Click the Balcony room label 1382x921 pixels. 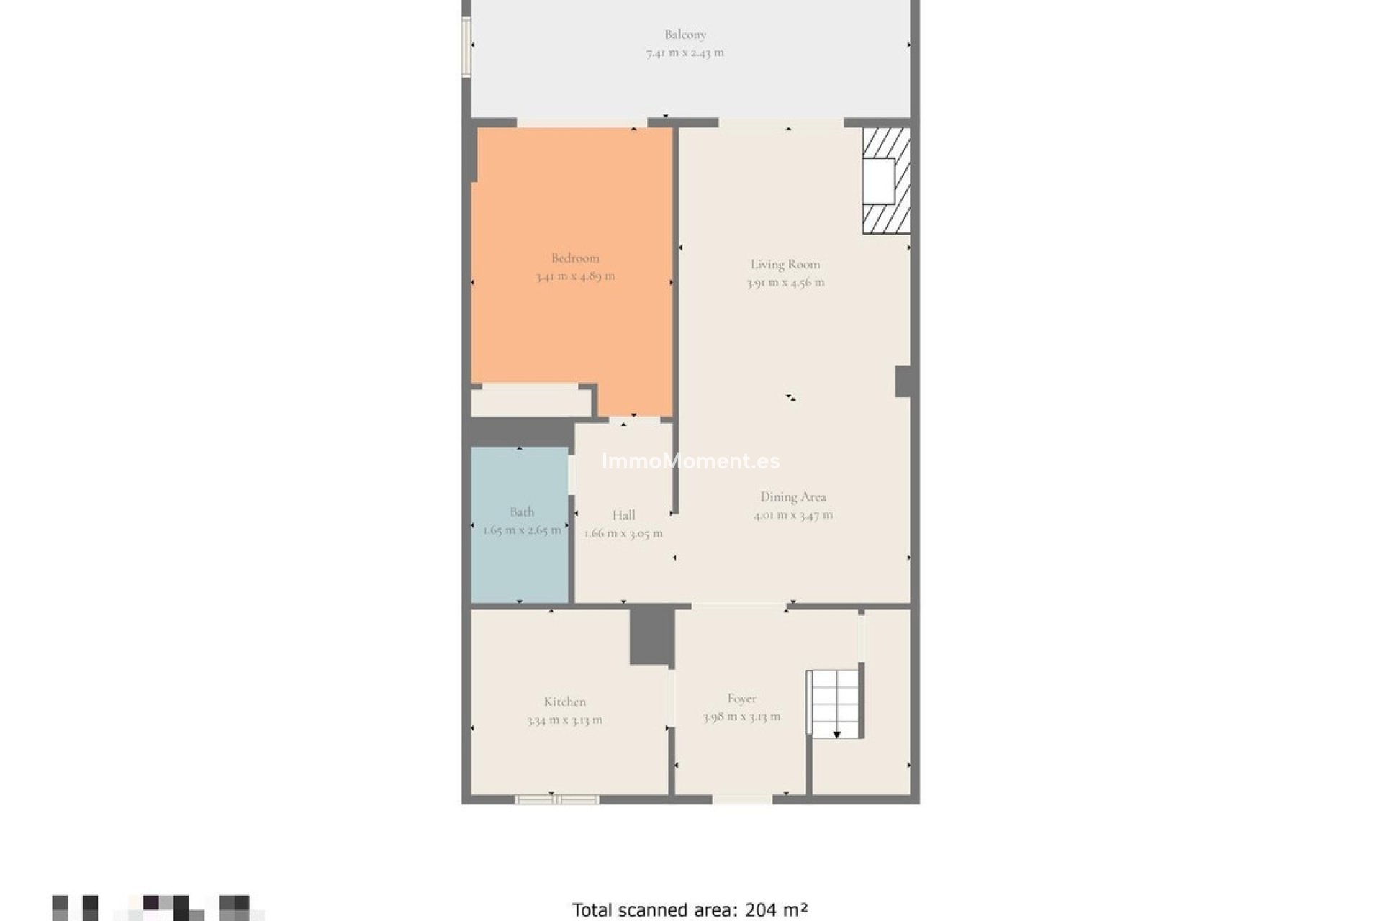685,34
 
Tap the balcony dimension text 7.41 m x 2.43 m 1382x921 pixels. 685,53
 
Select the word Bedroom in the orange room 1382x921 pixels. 574,258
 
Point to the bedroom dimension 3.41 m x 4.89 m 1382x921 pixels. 574,276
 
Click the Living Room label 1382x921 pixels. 785,264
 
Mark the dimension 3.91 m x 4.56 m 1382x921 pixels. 785,283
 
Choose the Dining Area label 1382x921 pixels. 792,496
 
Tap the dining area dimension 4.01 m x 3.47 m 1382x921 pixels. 792,515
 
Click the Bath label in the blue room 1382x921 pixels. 522,512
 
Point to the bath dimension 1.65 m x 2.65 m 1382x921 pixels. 522,530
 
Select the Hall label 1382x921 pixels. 623,515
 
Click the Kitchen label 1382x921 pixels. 564,702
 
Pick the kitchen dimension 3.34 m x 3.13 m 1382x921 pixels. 564,720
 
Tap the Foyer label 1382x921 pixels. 741,698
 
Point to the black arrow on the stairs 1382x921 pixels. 836,734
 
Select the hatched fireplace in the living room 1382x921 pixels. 885,181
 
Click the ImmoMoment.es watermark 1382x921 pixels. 690,461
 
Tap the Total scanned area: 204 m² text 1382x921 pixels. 690,910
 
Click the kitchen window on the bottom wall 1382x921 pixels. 556,799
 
